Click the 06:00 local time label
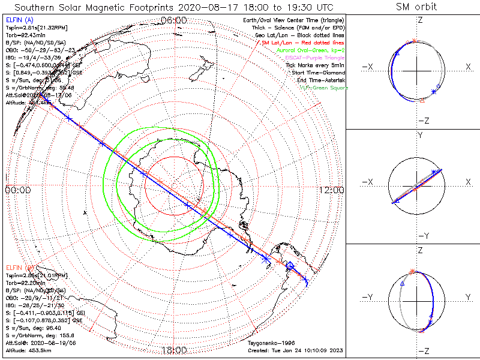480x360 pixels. coord(175,20)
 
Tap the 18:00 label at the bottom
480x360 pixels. coord(175,350)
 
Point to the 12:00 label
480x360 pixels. coord(332,190)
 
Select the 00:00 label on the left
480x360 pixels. coord(18,190)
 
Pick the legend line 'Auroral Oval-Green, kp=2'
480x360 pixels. coord(310,50)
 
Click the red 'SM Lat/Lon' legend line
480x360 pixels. coord(302,43)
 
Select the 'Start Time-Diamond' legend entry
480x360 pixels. coord(318,73)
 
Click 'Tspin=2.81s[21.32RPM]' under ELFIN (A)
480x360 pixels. coord(37,28)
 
